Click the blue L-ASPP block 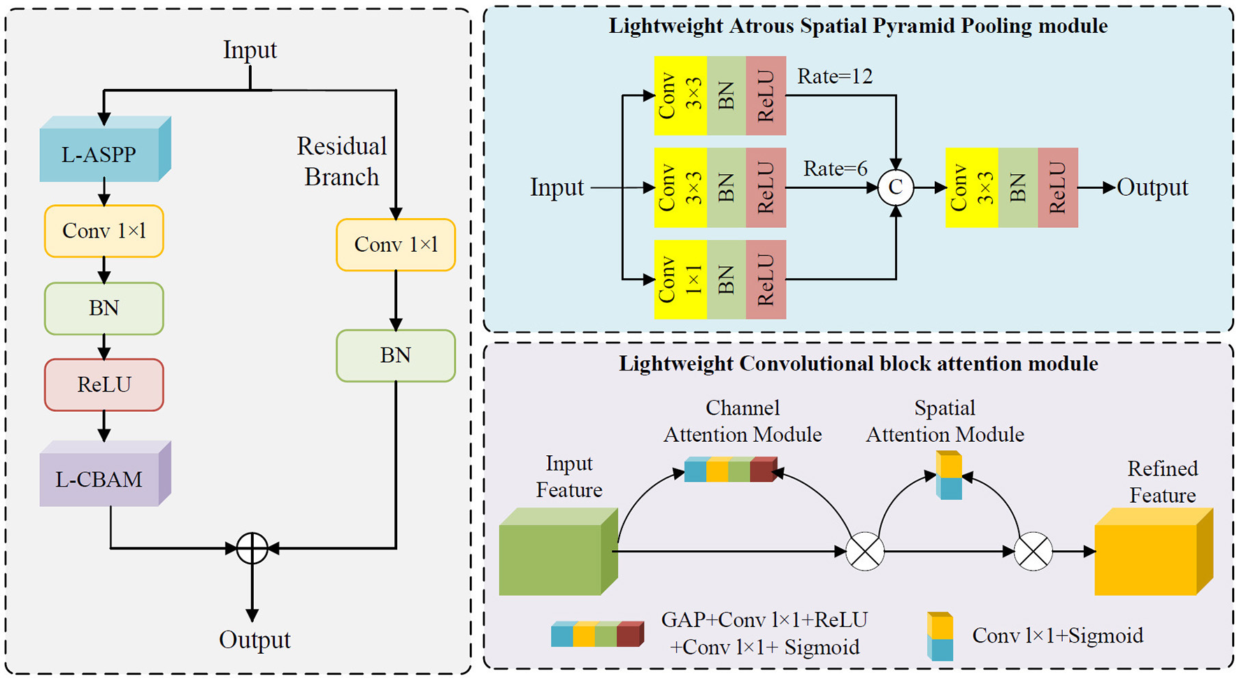point(99,155)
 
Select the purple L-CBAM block point(99,480)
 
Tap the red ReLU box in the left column point(104,385)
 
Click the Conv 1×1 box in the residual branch point(396,245)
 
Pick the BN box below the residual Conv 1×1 point(396,355)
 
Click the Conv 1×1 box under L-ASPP point(104,231)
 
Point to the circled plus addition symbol point(252,548)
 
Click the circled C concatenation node point(896,187)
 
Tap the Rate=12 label point(835,76)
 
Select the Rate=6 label point(835,169)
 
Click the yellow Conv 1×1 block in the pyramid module point(680,280)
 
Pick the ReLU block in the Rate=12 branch point(766,96)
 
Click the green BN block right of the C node point(1018,187)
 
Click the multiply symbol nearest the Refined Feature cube point(1033,551)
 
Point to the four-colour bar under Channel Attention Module point(730,470)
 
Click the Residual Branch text point(341,162)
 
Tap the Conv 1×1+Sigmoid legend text point(1057,636)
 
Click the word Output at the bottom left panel point(255,640)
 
